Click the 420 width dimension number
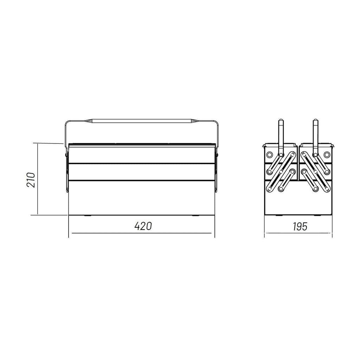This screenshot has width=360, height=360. coord(143,226)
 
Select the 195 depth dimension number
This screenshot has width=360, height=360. coord(300,227)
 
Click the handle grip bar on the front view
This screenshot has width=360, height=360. coord(142,121)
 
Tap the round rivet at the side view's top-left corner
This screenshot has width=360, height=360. coord(269,155)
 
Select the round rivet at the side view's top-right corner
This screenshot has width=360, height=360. coord(327,155)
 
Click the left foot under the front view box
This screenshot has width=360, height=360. coord(87,216)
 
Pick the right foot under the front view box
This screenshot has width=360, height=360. coord(196,216)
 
